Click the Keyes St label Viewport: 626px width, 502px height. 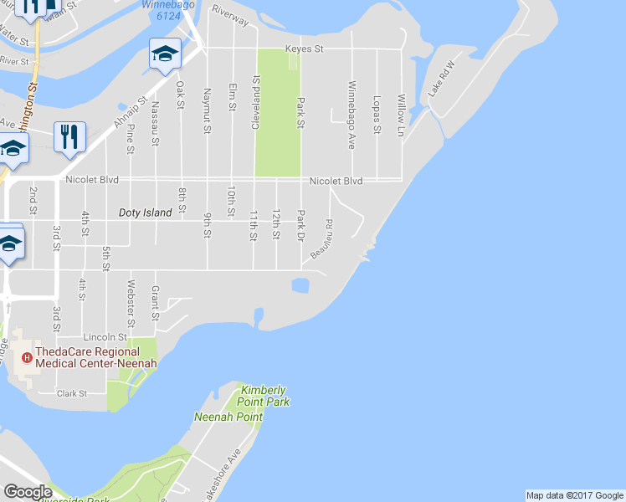(x=304, y=49)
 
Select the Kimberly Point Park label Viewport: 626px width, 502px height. (x=264, y=396)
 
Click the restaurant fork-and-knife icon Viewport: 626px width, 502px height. (x=69, y=137)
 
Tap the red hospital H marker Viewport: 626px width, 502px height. (x=27, y=358)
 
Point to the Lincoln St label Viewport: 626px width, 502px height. (x=110, y=336)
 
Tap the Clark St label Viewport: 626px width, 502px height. (x=72, y=393)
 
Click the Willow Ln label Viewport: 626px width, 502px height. (x=402, y=115)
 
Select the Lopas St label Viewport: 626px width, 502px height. (x=377, y=113)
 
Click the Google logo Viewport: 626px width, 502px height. (x=28, y=492)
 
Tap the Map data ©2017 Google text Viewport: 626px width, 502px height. (x=574, y=495)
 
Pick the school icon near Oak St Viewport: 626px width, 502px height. (x=165, y=54)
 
